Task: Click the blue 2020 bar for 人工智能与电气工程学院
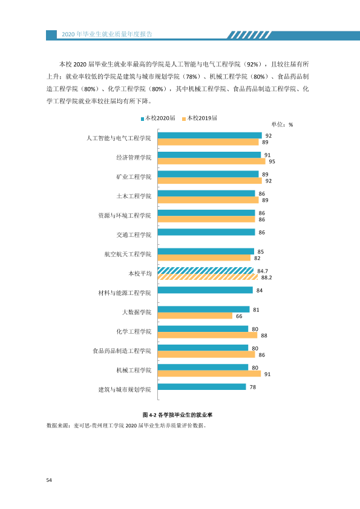coord(209,135)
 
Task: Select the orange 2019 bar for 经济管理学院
coord(212,161)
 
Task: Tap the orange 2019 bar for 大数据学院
coord(195,316)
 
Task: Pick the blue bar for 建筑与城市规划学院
coord(201,387)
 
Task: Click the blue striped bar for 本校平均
coord(206,271)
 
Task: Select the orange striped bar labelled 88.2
coord(208,277)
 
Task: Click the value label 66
coord(239,316)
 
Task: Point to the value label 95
coord(272,161)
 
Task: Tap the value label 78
coord(253,387)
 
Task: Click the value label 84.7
coord(263,271)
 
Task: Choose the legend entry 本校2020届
coord(158,118)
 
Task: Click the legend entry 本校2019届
coord(200,118)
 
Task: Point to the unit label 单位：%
coord(282,125)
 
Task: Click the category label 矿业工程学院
coord(134,177)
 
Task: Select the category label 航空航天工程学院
coord(128,254)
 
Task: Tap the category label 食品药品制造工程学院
coord(122,351)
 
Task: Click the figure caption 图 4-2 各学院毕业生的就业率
coord(177,415)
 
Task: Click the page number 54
coord(49,480)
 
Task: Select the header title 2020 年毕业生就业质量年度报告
coord(107,34)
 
